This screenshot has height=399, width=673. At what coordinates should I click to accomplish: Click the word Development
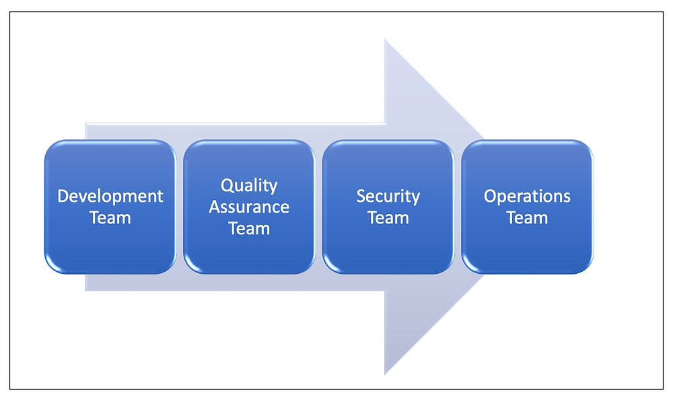click(110, 196)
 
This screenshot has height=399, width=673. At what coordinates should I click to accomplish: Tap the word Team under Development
click(110, 217)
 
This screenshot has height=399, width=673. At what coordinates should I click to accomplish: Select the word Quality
click(249, 186)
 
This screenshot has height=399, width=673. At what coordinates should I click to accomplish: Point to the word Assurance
click(249, 207)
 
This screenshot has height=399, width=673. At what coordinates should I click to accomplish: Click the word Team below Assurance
click(249, 228)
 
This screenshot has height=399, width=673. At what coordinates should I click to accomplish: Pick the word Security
click(388, 196)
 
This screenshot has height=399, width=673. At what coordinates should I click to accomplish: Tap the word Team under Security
click(388, 217)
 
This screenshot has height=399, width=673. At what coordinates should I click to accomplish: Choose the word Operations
click(527, 196)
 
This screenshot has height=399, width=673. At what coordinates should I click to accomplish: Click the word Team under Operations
click(527, 217)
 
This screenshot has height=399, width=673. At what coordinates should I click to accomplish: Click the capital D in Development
click(63, 196)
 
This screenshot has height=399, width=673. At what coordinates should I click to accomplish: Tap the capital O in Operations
click(491, 196)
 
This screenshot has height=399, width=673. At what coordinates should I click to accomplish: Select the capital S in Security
click(361, 196)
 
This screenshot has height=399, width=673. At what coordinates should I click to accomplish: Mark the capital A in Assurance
click(215, 207)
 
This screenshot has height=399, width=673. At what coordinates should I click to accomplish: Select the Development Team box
click(110, 207)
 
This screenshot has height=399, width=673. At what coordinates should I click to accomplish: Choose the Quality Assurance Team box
click(249, 207)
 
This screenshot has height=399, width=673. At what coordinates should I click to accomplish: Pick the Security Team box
click(388, 207)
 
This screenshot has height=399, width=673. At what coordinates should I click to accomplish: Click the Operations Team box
click(527, 207)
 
